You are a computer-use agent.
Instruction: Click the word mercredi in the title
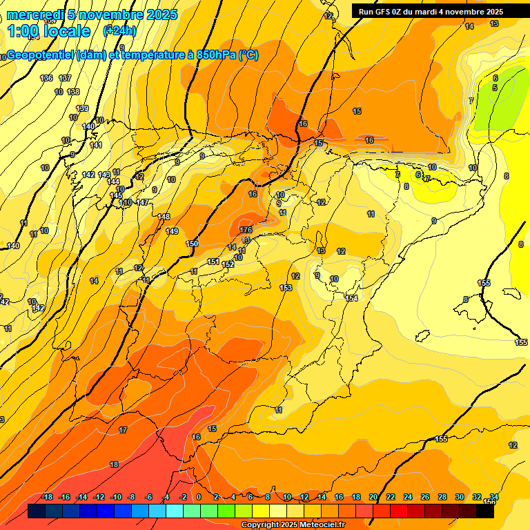[35, 14]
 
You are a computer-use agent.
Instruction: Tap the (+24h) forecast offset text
[119, 30]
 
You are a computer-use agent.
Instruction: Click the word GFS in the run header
[385, 12]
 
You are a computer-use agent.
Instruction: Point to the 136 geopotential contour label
[46, 78]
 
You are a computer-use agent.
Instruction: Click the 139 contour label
[82, 108]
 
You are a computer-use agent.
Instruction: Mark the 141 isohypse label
[96, 145]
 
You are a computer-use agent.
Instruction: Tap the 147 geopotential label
[143, 202]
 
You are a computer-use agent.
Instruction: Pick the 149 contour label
[172, 231]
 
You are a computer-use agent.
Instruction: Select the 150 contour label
[193, 244]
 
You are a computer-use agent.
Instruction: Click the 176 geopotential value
[246, 230]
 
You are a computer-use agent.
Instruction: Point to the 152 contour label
[228, 264]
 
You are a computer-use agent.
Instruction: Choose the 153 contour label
[286, 288]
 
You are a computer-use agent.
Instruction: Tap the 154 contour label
[352, 298]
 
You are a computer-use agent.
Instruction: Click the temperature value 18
[115, 464]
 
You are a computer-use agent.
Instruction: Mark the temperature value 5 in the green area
[495, 88]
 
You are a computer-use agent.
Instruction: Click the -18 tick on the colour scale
[47, 497]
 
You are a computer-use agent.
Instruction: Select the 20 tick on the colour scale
[373, 497]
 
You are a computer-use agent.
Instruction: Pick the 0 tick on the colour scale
[199, 497]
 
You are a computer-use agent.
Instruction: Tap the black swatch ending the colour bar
[485, 511]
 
